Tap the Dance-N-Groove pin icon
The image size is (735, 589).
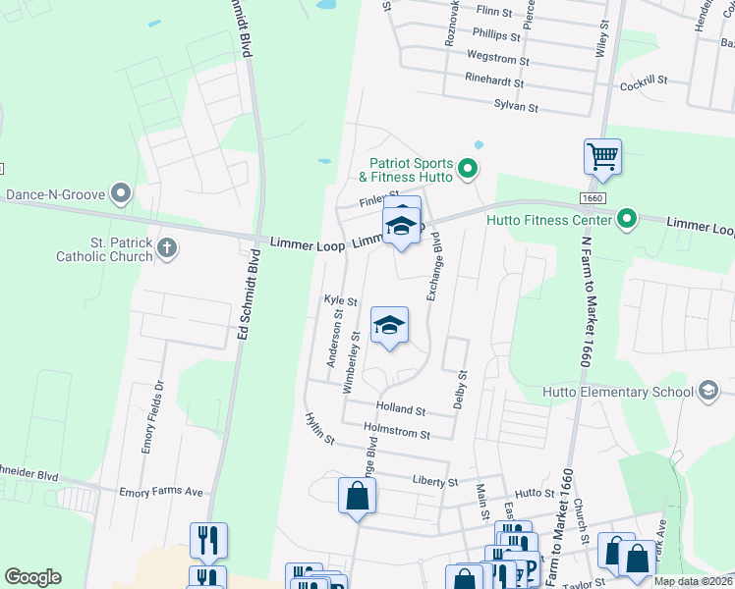click(121, 193)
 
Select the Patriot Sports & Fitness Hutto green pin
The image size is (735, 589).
click(469, 170)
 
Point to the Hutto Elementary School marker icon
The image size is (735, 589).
click(707, 392)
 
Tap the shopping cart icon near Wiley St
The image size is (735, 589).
click(602, 157)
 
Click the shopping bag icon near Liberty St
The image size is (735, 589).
click(357, 496)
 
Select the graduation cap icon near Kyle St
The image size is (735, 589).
click(389, 327)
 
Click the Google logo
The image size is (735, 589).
click(32, 577)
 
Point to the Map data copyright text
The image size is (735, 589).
click(692, 581)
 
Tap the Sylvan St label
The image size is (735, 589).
click(516, 106)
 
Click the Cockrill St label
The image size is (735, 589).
click(644, 84)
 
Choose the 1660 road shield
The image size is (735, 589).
click(592, 198)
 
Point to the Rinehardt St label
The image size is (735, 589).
click(494, 84)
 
